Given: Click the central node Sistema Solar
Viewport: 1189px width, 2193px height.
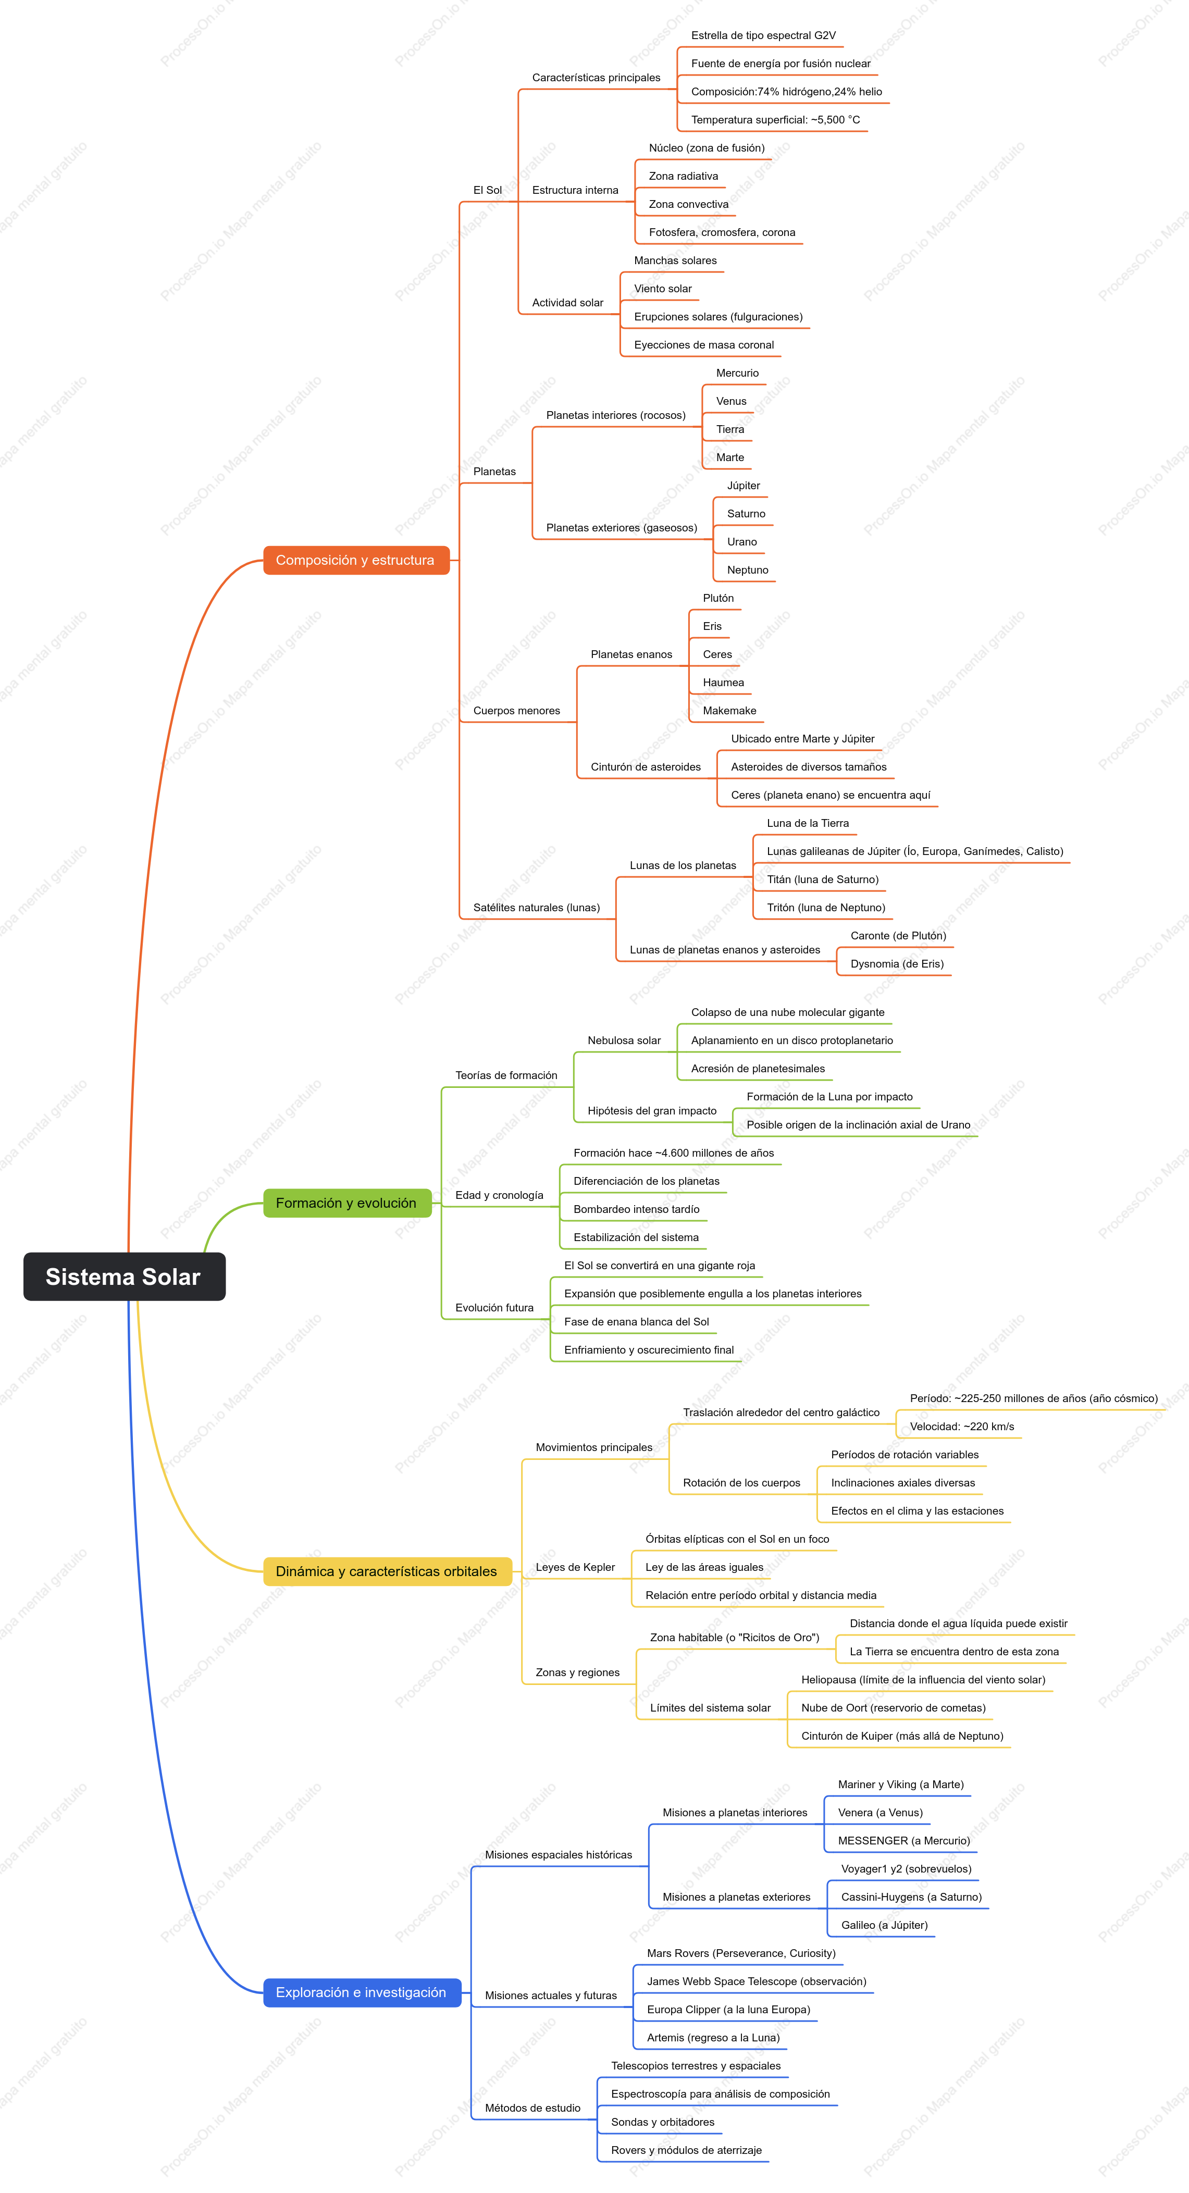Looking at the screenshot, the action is click(124, 1276).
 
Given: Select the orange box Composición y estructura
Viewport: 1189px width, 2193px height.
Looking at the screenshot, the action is click(356, 560).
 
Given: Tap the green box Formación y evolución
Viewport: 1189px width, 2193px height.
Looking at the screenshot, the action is click(346, 1203).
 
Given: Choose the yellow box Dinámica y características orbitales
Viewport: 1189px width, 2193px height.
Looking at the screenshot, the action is click(387, 1571).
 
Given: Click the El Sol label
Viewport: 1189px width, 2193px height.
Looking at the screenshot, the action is click(488, 190).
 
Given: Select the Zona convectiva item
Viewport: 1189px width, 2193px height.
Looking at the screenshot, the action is click(689, 204).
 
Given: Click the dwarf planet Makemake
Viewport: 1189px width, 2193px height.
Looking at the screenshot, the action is click(729, 711).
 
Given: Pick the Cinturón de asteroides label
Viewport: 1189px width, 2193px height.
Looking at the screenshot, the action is click(646, 767).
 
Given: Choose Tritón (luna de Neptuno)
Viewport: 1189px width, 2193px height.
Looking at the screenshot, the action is click(825, 908).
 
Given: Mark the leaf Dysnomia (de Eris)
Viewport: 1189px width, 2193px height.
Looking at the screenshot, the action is click(897, 964).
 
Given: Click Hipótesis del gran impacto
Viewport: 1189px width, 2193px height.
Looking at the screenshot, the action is click(652, 1111).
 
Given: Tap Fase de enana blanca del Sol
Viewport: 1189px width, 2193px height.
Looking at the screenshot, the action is click(637, 1322).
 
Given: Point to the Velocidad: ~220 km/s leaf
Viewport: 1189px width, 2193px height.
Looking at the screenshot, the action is click(962, 1427).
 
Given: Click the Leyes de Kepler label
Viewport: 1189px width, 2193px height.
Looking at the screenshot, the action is click(575, 1567).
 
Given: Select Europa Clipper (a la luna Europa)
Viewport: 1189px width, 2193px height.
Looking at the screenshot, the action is click(728, 2010).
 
